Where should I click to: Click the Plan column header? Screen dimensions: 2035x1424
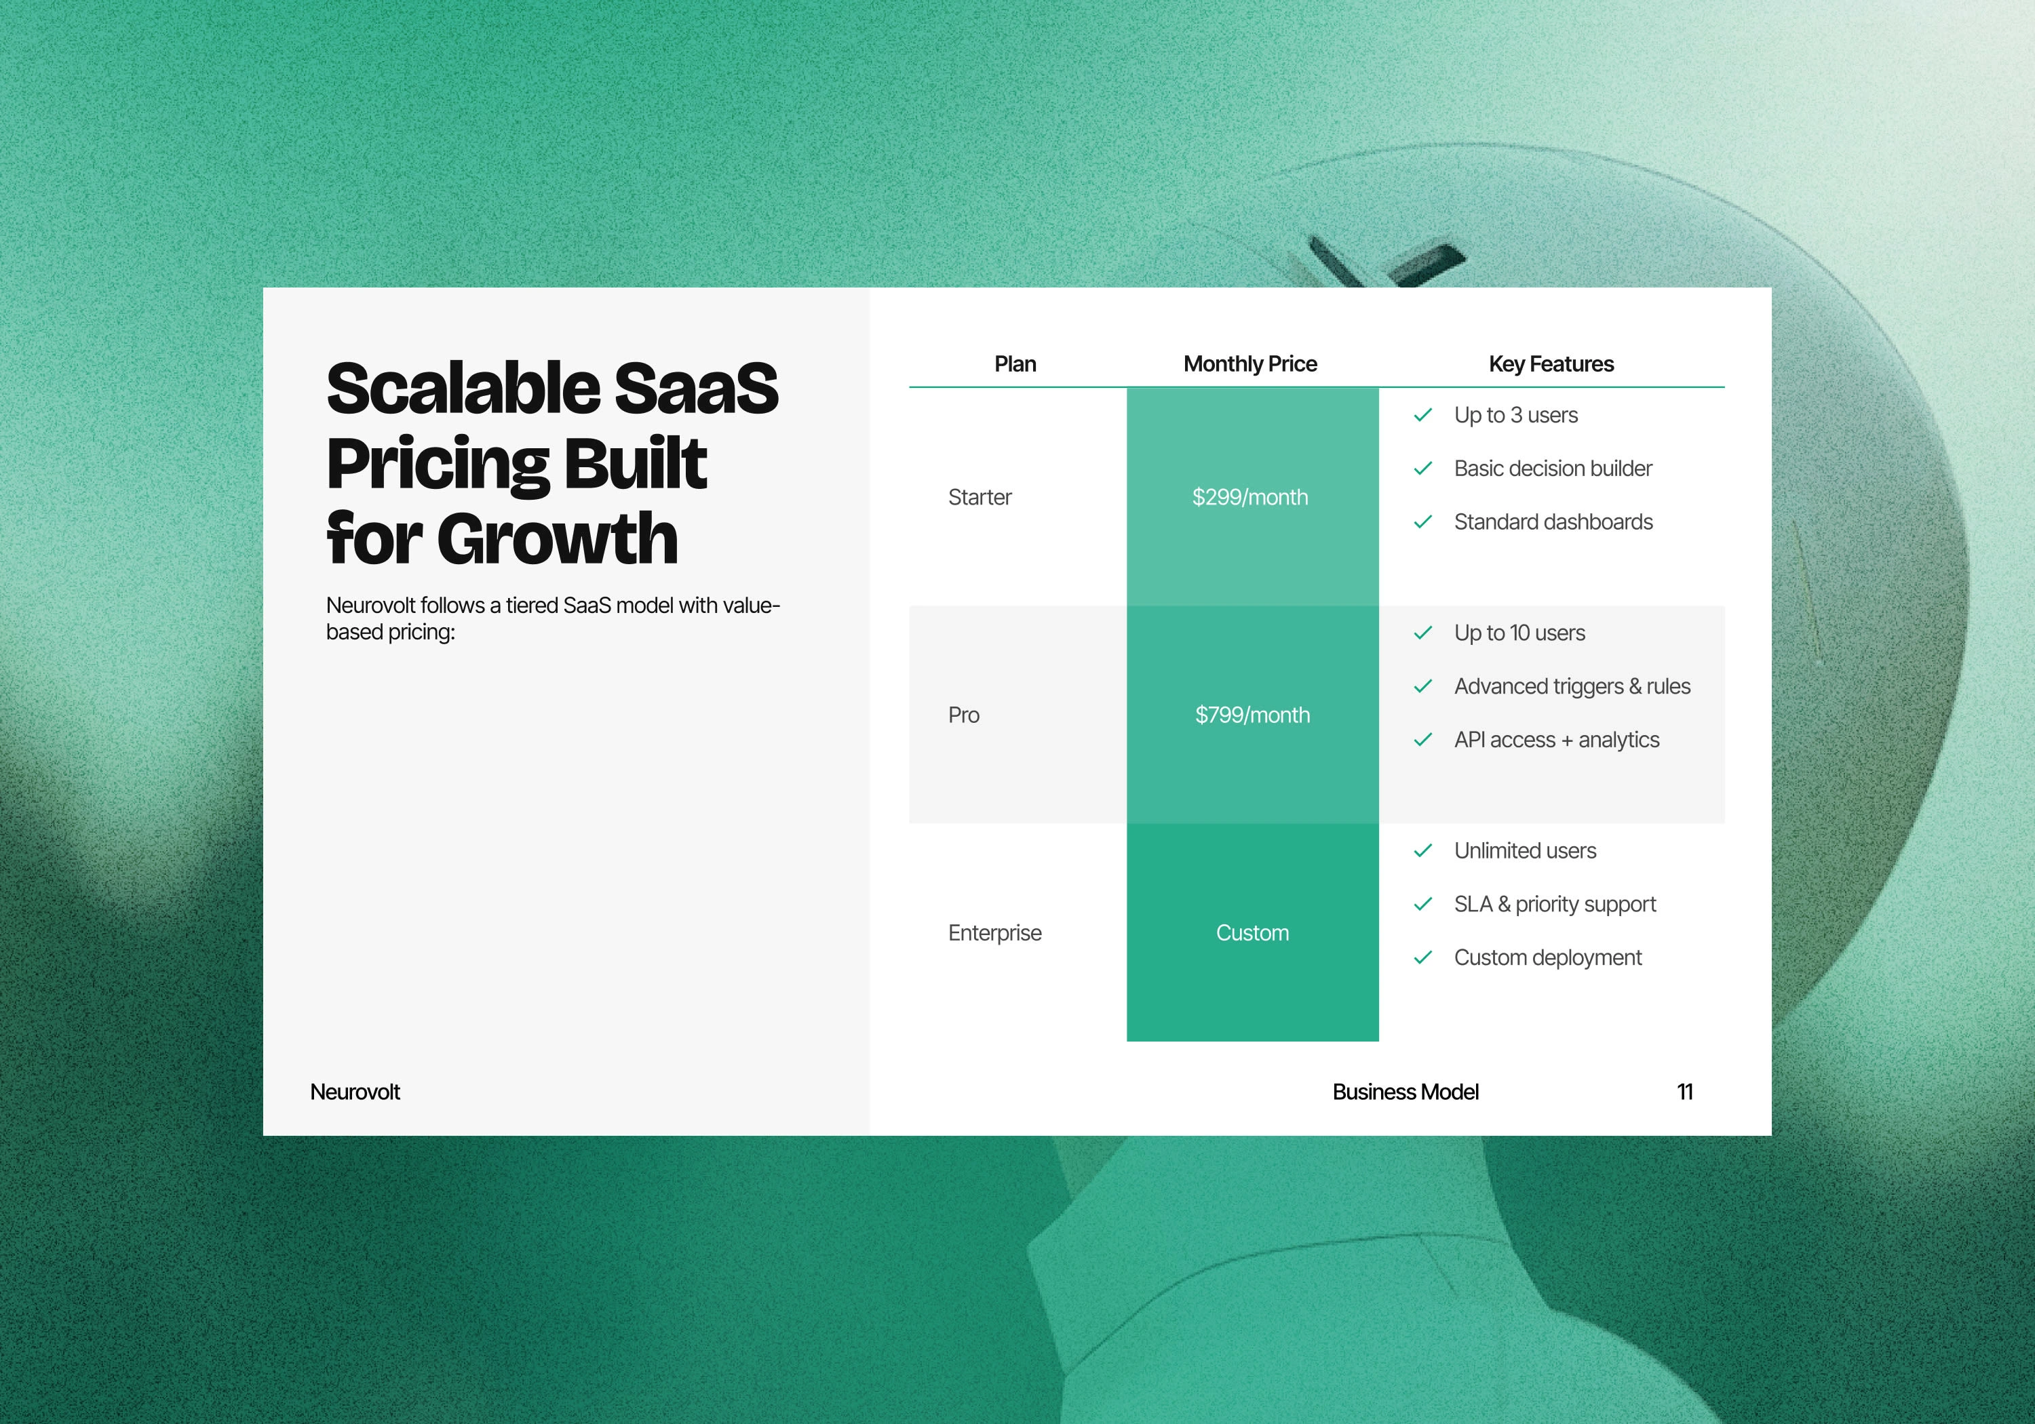pos(1015,364)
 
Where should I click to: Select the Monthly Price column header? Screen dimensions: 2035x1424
pos(1249,364)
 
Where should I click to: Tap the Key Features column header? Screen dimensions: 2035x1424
pos(1551,364)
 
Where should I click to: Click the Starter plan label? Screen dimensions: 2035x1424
pos(980,497)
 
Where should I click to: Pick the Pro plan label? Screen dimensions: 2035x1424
pos(963,715)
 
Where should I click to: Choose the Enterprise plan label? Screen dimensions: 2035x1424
pos(994,933)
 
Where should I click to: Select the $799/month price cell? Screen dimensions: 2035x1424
pos(1252,715)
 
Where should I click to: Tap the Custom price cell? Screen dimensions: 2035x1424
pos(1252,933)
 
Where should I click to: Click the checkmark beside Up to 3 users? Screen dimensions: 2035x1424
pos(1422,415)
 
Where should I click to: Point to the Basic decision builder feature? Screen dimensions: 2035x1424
pos(1553,469)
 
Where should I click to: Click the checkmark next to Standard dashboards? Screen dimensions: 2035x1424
pos(1422,522)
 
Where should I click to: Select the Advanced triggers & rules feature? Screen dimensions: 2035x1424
pos(1572,687)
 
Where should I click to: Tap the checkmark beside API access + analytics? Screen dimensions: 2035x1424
pos(1422,740)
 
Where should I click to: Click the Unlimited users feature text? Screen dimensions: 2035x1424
pos(1526,851)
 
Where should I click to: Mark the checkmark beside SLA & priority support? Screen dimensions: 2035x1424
pos(1422,904)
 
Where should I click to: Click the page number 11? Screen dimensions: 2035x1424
pos(1685,1092)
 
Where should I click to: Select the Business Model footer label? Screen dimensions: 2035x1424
pos(1406,1092)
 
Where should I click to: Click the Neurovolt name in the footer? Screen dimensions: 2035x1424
pos(355,1092)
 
